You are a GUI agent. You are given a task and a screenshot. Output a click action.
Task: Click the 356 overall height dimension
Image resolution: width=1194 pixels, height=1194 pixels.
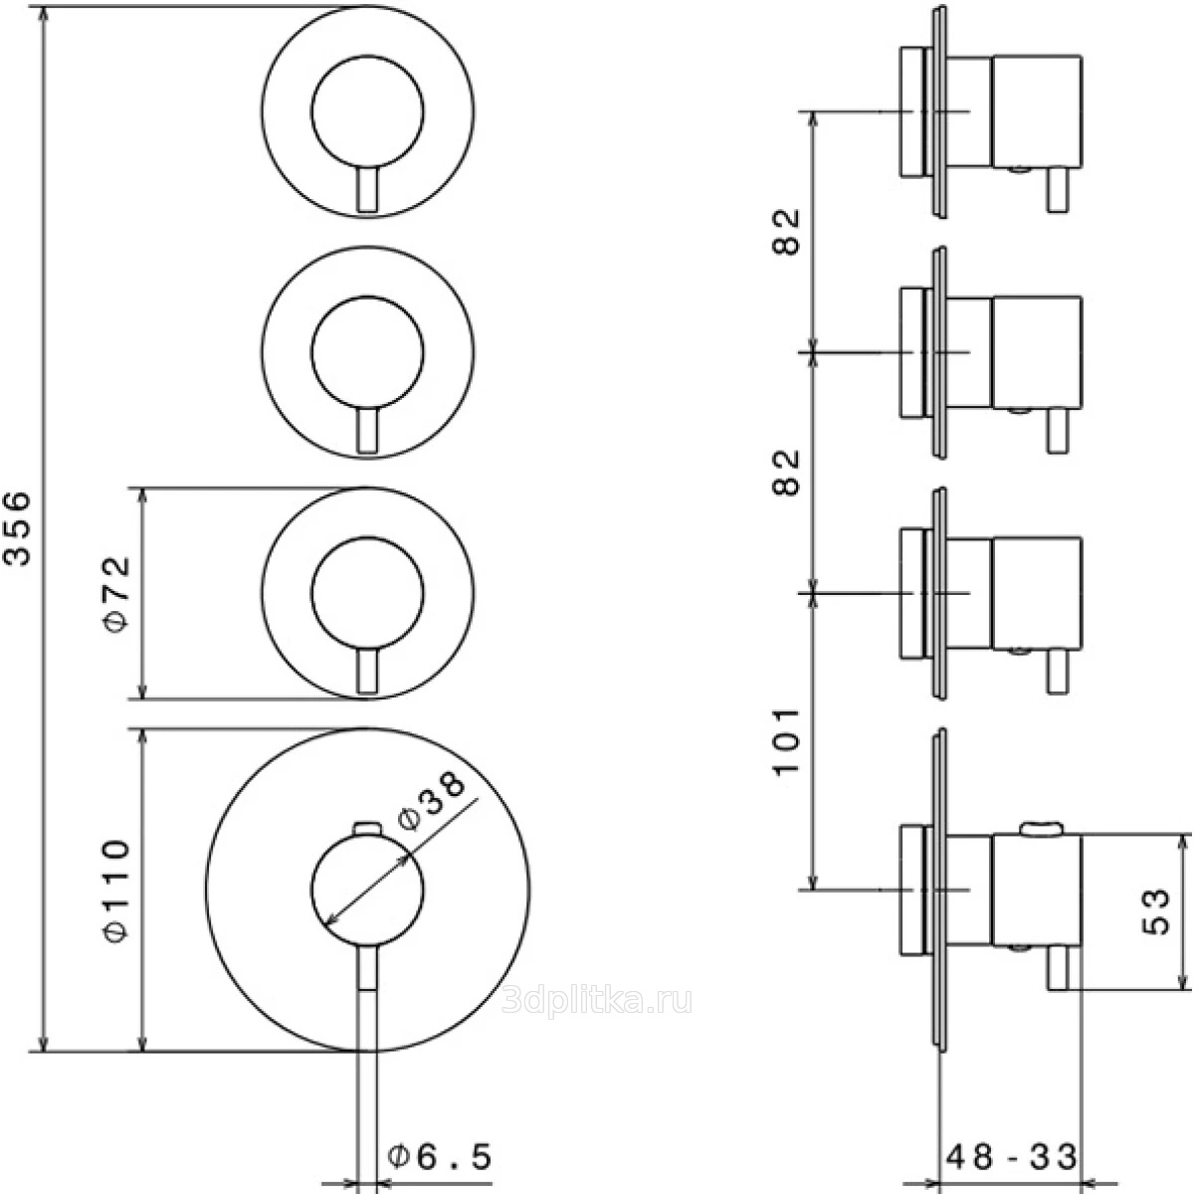click(x=21, y=526)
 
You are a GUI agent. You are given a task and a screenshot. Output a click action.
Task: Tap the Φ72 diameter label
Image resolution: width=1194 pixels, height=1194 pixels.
click(x=116, y=594)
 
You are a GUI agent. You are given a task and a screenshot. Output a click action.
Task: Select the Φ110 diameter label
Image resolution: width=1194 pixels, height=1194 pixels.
click(x=116, y=891)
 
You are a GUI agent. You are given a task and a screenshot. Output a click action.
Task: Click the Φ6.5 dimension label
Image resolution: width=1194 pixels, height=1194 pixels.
click(x=439, y=1156)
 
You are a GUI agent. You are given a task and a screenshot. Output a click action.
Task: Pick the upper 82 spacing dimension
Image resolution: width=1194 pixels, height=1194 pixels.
click(x=787, y=231)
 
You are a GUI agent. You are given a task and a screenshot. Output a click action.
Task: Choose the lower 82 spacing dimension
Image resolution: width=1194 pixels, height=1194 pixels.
click(x=787, y=472)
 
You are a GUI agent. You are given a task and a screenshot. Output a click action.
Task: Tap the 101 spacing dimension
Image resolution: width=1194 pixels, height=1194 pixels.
click(x=787, y=741)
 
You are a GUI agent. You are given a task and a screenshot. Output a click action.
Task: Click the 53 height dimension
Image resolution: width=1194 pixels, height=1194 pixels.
click(x=1154, y=911)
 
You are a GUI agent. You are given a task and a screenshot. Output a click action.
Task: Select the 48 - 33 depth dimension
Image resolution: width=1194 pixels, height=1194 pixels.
click(x=1011, y=1156)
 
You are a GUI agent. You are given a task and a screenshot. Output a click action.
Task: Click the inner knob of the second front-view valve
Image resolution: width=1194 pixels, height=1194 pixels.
click(x=368, y=353)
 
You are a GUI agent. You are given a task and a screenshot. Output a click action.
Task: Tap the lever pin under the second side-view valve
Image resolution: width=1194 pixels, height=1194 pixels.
click(x=1057, y=434)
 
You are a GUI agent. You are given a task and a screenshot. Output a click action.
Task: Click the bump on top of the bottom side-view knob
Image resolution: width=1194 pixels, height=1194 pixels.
click(x=1039, y=826)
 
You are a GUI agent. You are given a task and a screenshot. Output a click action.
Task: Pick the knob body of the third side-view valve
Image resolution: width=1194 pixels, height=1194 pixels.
click(x=1036, y=593)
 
